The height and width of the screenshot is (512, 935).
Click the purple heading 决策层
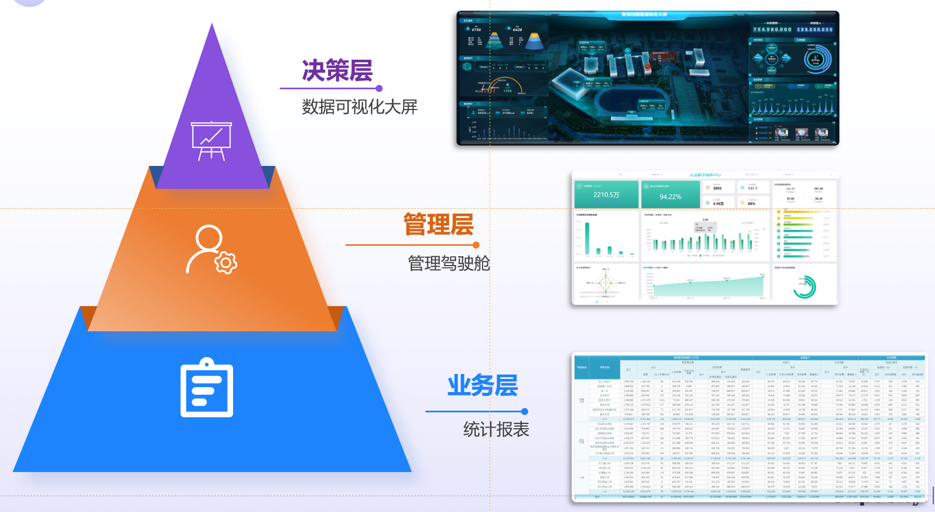point(337,71)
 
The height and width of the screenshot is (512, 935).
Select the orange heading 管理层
point(438,225)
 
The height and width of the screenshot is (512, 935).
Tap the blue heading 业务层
point(482,386)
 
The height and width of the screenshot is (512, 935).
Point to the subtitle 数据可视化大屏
point(359,107)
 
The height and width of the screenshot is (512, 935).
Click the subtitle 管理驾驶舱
point(449,263)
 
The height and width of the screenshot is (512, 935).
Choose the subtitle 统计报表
point(496,429)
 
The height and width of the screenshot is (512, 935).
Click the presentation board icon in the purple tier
point(211,140)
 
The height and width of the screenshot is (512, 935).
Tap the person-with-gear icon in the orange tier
point(211,250)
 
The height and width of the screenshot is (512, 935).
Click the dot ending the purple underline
point(379,88)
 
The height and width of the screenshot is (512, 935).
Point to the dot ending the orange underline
point(476,245)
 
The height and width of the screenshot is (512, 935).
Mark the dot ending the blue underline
point(525,411)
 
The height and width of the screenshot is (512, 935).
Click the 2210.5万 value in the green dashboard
point(606,195)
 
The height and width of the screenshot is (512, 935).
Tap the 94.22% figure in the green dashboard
point(670,197)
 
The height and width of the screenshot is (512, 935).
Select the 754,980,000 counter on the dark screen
point(772,30)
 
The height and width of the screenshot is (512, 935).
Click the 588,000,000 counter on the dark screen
point(815,30)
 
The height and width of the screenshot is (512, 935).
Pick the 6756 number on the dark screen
point(477,30)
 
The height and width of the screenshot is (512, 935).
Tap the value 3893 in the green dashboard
point(717,188)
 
